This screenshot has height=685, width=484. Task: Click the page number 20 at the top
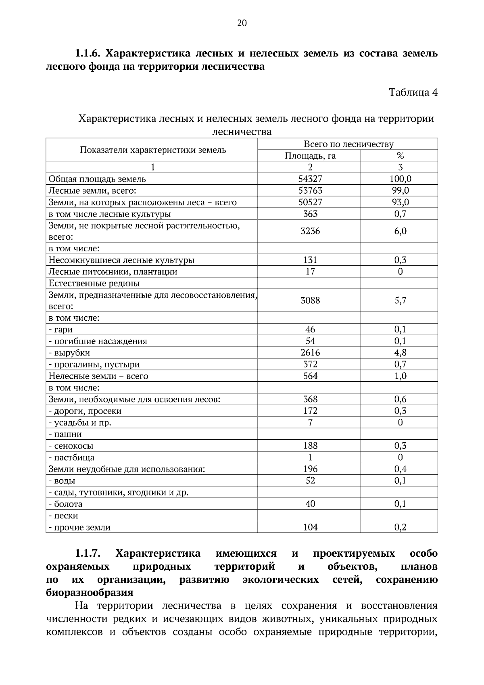tap(242, 23)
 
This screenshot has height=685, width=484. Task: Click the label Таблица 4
tap(413, 92)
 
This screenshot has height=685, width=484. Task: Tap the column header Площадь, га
tap(310, 156)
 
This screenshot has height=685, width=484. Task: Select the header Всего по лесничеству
tap(348, 144)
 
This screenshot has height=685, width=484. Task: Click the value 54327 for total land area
tap(310, 179)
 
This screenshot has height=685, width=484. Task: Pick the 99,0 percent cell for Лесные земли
tap(400, 190)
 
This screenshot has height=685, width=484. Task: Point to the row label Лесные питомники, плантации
tap(113, 271)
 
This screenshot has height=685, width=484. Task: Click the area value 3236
tap(310, 231)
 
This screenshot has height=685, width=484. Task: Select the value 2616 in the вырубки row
tap(310, 353)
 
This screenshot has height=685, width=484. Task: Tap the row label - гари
tap(61, 330)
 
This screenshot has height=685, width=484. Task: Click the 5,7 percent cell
tap(400, 300)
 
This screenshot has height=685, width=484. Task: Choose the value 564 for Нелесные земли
tap(310, 376)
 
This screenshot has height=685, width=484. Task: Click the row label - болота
tap(65, 504)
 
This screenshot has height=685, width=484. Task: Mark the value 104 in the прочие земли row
tap(310, 527)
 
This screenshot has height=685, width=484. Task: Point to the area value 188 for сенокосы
tap(310, 446)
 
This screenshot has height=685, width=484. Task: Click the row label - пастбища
tap(71, 457)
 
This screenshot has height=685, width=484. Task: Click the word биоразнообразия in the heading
tap(90, 593)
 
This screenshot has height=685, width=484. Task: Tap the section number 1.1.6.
tap(88, 53)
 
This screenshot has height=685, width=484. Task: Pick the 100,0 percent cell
tap(400, 179)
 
